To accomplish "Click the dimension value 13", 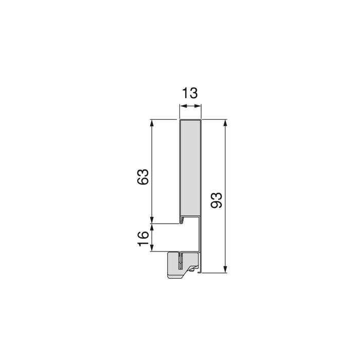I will (x=190, y=93).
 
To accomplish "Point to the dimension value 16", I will (x=143, y=237).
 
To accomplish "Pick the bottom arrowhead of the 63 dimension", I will (x=152, y=221).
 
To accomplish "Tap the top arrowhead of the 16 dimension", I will (x=152, y=227).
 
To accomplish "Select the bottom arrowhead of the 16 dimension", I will (x=152, y=249).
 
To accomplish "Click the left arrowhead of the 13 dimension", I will (x=182, y=106).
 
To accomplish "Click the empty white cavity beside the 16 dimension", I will (x=172, y=238).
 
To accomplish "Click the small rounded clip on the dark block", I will (x=192, y=269).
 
